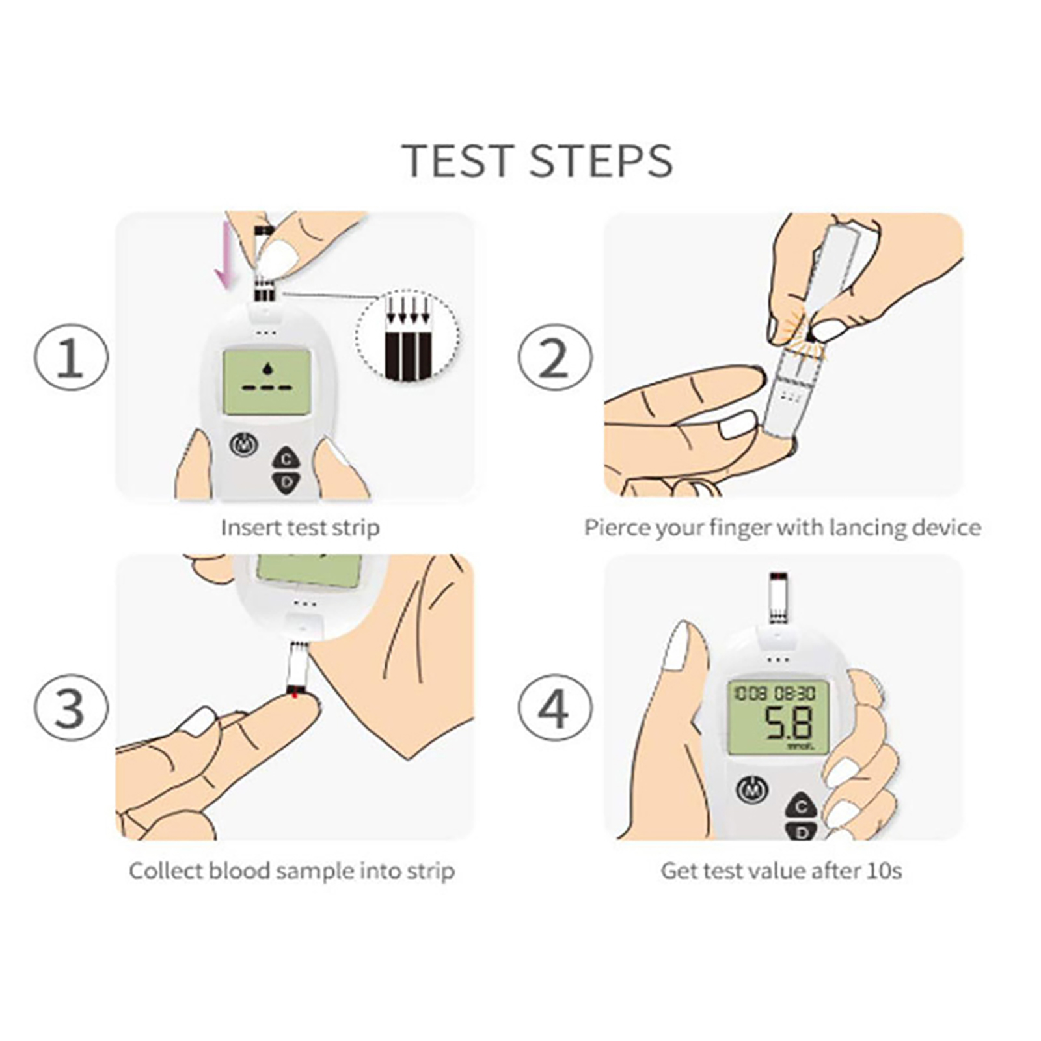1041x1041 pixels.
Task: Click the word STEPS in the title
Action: coord(601,161)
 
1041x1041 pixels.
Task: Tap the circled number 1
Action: coord(71,358)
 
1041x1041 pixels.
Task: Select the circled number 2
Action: coord(554,358)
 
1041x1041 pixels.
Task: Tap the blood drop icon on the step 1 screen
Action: coord(267,369)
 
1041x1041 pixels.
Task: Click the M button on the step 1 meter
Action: coord(244,445)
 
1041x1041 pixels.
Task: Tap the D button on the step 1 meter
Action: coord(286,482)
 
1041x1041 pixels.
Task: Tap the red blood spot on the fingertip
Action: coord(295,696)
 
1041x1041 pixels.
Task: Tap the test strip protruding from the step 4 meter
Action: coord(778,598)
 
